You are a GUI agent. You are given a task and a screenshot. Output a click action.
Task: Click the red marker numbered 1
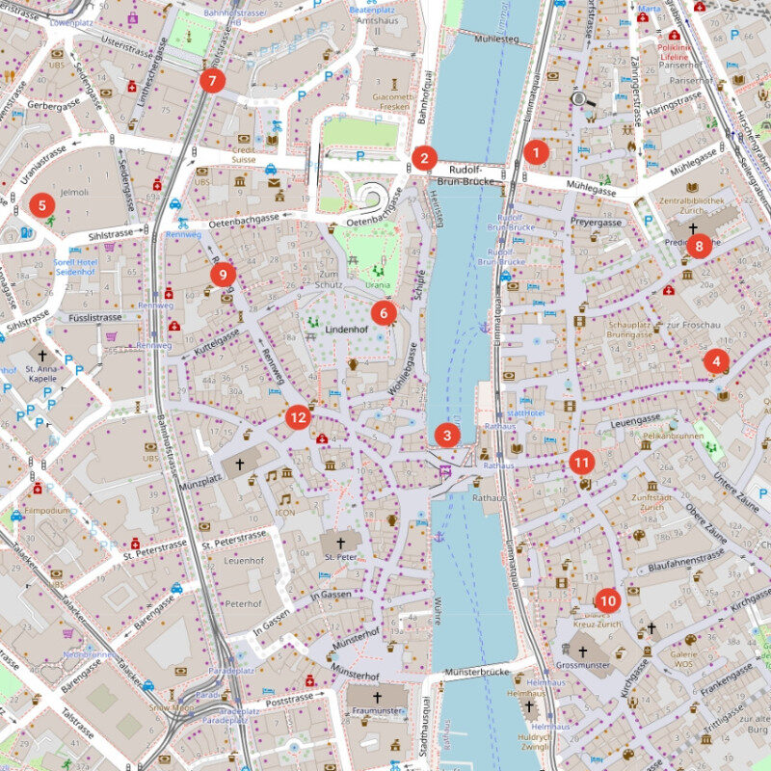pyautogui.click(x=537, y=151)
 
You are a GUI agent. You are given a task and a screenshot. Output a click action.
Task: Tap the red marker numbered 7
pyautogui.click(x=212, y=80)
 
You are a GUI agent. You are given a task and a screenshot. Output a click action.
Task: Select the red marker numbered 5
pyautogui.click(x=40, y=205)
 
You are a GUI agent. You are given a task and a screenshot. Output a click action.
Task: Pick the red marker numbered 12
pyautogui.click(x=298, y=417)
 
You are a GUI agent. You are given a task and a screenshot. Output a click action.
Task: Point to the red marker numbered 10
pyautogui.click(x=607, y=598)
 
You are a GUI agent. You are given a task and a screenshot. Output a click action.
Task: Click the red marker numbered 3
pyautogui.click(x=446, y=435)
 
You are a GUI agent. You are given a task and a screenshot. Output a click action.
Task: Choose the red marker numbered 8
pyautogui.click(x=700, y=246)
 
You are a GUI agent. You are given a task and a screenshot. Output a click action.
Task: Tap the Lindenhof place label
pyautogui.click(x=348, y=329)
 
